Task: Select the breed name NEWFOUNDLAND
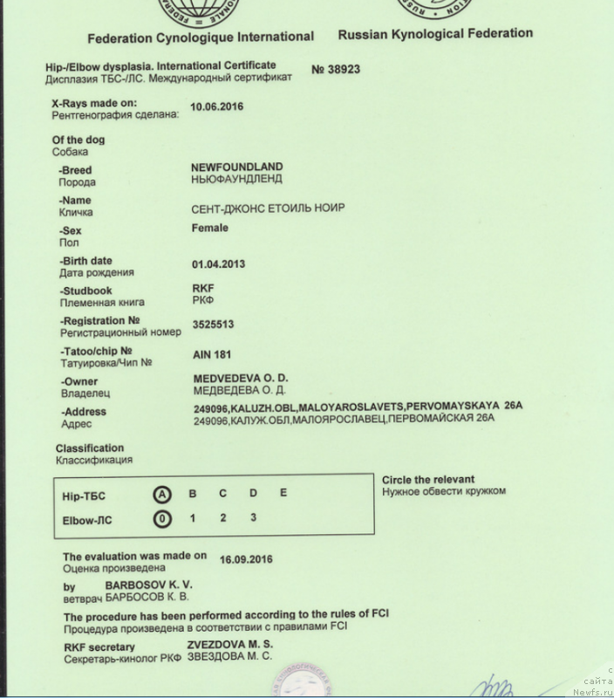click(x=236, y=166)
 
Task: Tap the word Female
click(x=209, y=228)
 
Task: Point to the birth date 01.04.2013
click(x=218, y=263)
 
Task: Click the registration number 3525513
click(x=213, y=324)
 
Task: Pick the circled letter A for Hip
click(x=161, y=494)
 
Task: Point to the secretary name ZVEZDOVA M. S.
click(x=230, y=644)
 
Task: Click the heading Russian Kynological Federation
click(x=434, y=34)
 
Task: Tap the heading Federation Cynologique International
click(x=200, y=37)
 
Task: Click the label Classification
click(x=90, y=448)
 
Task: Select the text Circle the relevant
click(x=428, y=479)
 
